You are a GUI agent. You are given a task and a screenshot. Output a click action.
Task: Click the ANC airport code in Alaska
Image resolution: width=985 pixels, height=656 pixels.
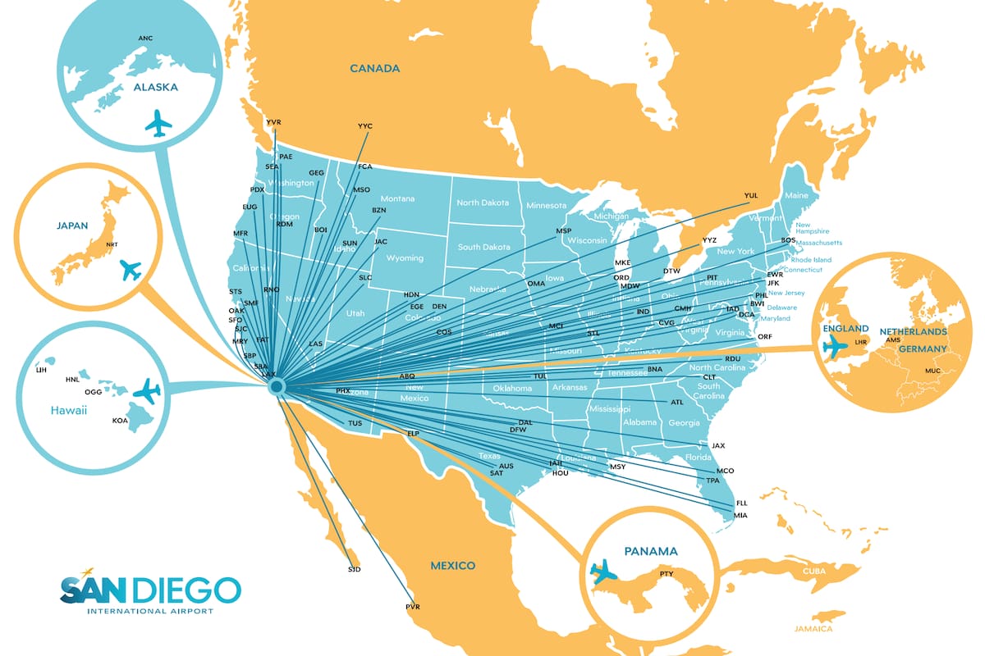[x=145, y=39]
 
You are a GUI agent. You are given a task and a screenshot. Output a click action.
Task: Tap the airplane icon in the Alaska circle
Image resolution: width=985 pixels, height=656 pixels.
[x=158, y=124]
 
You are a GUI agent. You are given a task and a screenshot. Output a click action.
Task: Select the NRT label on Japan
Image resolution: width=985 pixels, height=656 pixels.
[x=112, y=244]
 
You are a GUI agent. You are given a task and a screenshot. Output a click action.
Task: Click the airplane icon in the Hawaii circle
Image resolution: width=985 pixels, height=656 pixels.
[x=147, y=391]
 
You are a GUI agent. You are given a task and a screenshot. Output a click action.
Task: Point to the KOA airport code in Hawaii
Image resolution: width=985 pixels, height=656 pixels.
[x=120, y=421]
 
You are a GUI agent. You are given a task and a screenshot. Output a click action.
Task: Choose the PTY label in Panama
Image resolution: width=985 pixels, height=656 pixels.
[x=666, y=574]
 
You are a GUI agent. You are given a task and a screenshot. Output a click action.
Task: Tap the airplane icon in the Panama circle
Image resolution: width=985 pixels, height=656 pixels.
[x=604, y=571]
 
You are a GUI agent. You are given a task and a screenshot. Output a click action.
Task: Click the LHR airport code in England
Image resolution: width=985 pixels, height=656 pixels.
[x=860, y=341]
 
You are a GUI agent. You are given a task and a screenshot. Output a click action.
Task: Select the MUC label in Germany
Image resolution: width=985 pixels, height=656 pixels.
[x=932, y=371]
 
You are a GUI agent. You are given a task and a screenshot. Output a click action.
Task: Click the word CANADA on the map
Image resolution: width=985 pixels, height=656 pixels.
[x=374, y=69]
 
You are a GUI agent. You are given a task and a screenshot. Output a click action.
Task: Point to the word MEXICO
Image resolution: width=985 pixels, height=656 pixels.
[x=453, y=566]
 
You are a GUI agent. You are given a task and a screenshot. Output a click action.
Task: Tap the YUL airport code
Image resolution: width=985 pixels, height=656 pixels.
[x=750, y=195]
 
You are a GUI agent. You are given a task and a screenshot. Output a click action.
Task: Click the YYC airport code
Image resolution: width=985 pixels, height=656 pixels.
[x=365, y=126]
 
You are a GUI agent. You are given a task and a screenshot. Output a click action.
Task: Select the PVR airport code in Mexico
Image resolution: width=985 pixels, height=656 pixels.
[x=412, y=606]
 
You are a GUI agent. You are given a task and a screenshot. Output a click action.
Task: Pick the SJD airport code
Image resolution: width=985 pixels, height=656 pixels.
[x=354, y=568]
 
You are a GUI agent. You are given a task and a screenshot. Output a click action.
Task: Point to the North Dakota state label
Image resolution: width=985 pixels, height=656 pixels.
[x=483, y=203]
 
